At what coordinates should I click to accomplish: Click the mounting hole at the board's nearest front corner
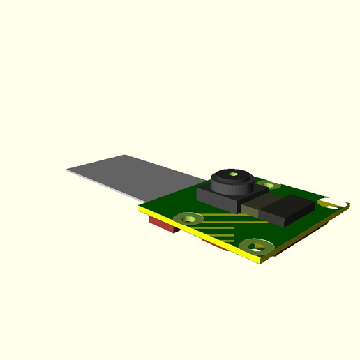tap(257, 246)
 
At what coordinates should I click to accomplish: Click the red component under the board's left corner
tap(163, 225)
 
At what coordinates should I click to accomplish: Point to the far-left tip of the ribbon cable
tap(69, 170)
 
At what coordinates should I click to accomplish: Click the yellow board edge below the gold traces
tap(209, 237)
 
